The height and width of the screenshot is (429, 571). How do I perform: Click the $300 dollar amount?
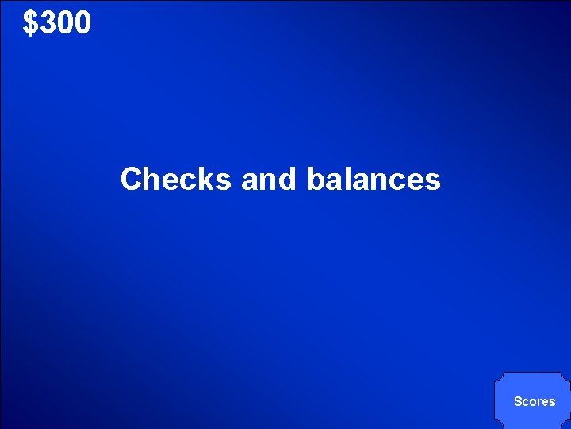point(57,24)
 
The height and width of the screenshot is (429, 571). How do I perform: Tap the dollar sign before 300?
point(31,24)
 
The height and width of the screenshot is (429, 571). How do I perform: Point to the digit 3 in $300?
point(48,24)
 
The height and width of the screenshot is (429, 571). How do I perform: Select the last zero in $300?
point(82,24)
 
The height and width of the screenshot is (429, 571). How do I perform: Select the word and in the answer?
point(268,179)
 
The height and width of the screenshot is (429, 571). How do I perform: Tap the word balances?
point(373,179)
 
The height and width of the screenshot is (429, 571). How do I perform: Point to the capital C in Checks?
point(131,179)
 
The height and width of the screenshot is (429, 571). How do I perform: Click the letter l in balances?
point(347,179)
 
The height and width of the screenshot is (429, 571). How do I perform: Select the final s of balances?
point(433,180)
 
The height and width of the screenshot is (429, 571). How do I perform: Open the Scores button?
point(534,401)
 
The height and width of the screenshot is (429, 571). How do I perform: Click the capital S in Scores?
point(517,401)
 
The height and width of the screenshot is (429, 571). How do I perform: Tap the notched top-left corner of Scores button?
point(499,377)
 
